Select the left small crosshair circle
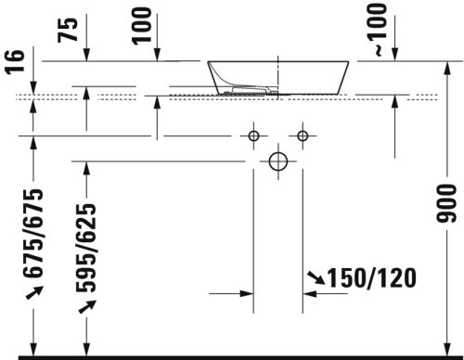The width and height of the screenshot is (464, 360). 252,136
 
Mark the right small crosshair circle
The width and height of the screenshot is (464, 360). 303,136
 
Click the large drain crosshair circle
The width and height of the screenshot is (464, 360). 277,161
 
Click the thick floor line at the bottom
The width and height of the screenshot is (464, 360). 232,355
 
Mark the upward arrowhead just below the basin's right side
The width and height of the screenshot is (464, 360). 396,102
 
